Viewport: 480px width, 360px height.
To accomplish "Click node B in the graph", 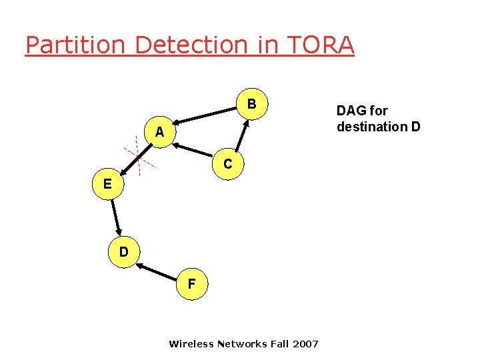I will point(251,105).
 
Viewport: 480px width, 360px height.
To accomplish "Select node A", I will point(159,133).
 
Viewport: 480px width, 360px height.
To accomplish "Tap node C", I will point(228,163).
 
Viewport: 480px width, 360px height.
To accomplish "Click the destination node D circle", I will point(124,253).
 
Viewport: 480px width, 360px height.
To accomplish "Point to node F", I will point(191,284).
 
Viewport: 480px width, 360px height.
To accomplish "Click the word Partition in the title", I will point(75,45).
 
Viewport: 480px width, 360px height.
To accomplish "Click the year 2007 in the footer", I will point(305,345).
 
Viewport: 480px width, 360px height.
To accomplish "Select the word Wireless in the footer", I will point(191,345).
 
